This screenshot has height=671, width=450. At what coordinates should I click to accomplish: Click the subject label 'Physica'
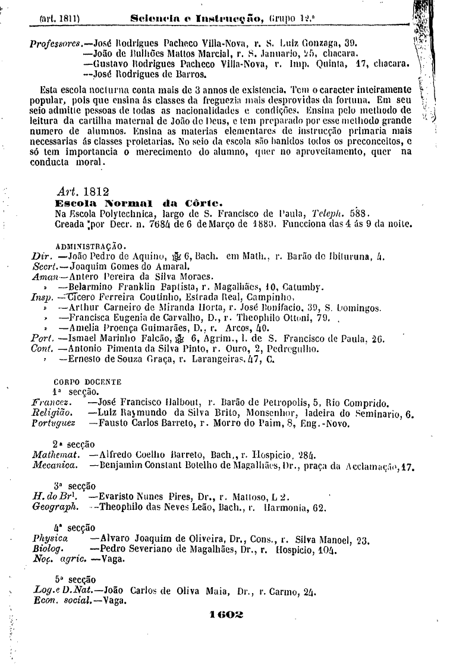point(50,539)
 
